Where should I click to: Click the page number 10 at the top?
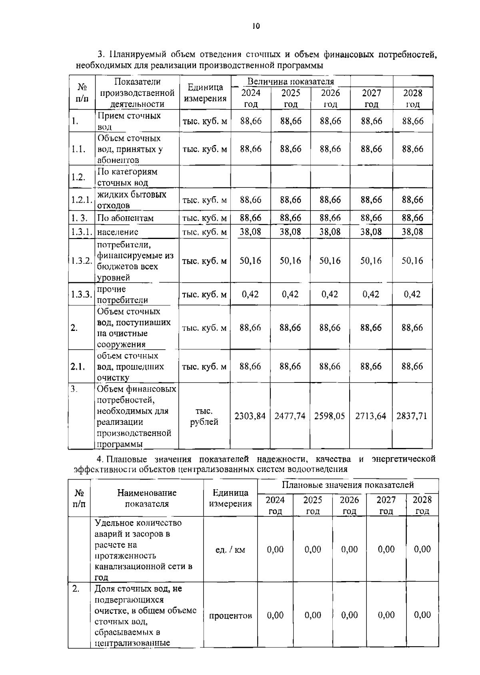256,26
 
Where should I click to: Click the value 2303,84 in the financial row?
250,416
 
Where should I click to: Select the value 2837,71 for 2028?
412,416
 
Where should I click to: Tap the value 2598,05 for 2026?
330,416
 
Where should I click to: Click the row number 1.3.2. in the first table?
82,261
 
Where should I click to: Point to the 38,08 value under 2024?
250,232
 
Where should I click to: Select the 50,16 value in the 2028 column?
412,261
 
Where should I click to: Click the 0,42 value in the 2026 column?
330,294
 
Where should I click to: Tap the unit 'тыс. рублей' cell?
204,416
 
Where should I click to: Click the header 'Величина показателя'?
290,82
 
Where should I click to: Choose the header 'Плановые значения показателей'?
348,485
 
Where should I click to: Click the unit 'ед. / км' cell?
230,550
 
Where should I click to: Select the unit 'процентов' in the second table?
230,615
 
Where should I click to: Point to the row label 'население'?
118,232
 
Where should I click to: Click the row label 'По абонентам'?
125,218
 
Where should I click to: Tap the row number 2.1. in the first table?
78,366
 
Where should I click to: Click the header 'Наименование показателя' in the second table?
147,498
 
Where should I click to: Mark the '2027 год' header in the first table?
371,98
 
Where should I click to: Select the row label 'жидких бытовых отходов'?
132,200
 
